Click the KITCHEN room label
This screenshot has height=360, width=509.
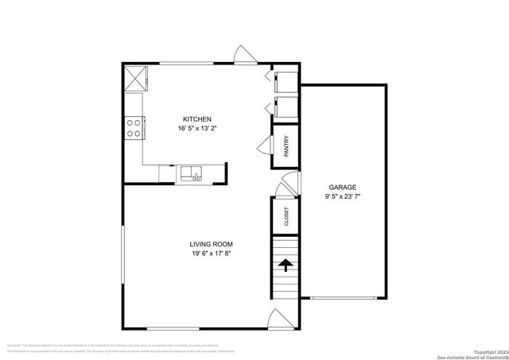[x=196, y=118]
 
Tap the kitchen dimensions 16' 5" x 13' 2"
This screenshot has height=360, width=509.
[x=196, y=128]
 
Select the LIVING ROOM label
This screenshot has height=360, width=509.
[x=212, y=244]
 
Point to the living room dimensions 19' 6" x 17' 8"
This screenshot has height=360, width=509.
[x=212, y=254]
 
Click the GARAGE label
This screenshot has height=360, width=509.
[x=343, y=188]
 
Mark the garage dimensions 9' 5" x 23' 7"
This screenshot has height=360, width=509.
[x=343, y=196]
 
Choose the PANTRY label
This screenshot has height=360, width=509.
[x=286, y=146]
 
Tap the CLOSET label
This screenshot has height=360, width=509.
[x=286, y=215]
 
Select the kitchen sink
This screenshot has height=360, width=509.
[x=192, y=172]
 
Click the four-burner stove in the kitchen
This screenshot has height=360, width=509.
[x=134, y=127]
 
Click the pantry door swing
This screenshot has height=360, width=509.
[x=266, y=146]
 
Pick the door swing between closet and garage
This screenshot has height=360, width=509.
[x=286, y=188]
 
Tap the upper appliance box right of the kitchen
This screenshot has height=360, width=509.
[x=285, y=82]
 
